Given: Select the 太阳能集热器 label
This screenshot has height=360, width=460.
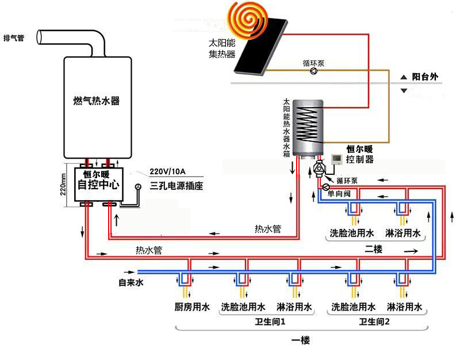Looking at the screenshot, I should point(223,49).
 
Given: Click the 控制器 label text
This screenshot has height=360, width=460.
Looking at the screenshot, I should point(361,159).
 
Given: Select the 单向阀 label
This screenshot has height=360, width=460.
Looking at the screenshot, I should point(339,194).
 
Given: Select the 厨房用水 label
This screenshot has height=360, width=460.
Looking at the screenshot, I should point(191,307).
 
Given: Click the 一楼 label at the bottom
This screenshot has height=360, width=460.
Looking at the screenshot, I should point(300,340).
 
